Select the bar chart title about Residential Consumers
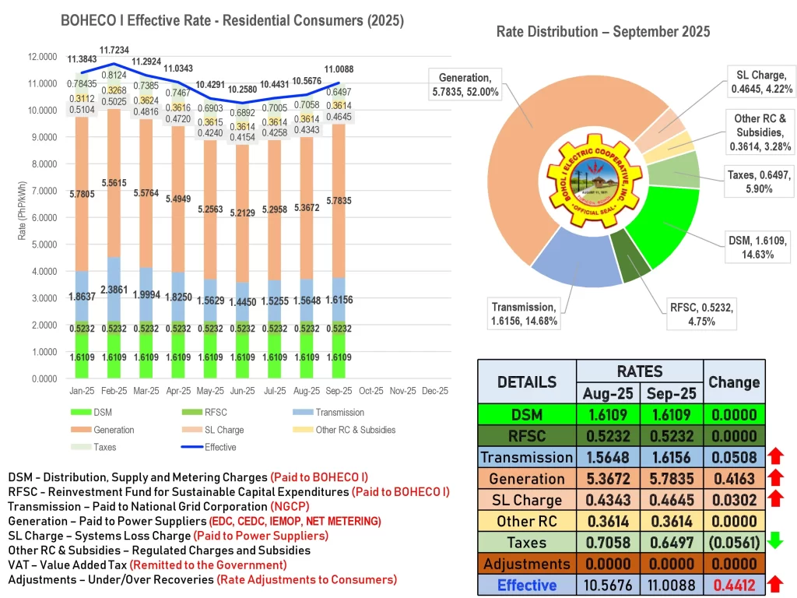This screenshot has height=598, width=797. pos(232,21)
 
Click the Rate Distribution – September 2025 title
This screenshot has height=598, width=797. pos(602,32)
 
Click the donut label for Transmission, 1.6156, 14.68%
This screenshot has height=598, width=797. pos(523,314)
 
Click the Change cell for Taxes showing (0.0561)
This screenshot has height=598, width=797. pos(734,543)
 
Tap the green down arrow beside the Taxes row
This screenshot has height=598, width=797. pos(776,542)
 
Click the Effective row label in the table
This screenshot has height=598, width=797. pos(527,585)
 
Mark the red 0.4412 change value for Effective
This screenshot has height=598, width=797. pos(734,585)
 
